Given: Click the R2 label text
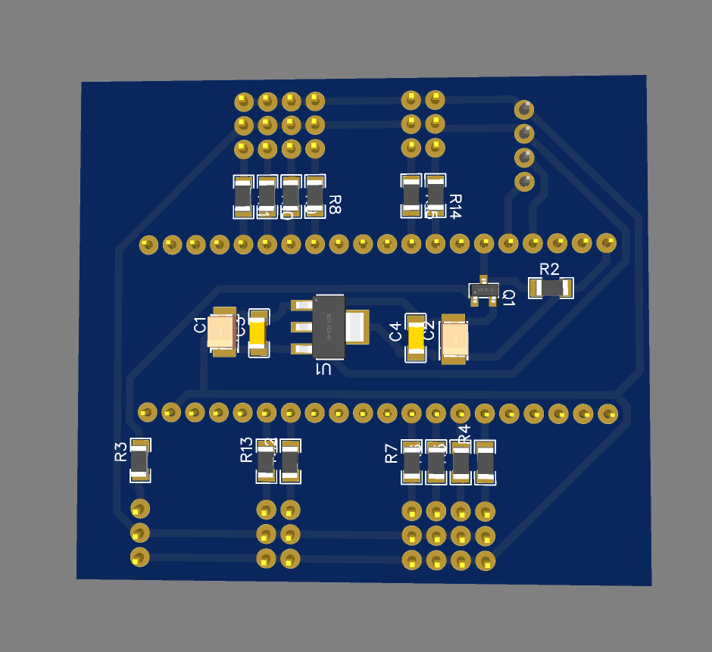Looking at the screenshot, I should coord(549,270).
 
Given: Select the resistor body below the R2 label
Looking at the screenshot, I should coord(551,288).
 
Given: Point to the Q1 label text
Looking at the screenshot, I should coord(508,298).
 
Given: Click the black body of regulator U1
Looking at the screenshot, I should coord(329,326).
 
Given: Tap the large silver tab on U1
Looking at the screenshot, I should coord(357,326).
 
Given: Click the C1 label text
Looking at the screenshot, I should coord(200,326).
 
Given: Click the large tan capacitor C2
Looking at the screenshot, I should coord(455,339).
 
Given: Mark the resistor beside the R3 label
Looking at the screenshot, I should coord(139,460).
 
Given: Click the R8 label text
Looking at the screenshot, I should coord(334,204).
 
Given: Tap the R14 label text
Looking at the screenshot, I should coord(454,206).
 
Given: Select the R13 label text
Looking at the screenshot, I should coord(247,450).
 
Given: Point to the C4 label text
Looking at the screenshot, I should coord(395,332).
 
